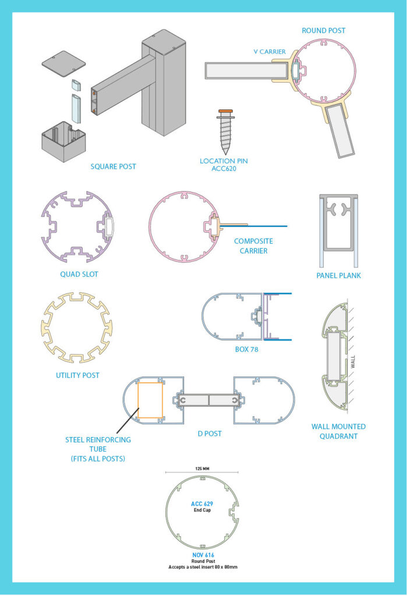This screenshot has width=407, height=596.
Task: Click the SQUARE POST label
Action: [113, 166]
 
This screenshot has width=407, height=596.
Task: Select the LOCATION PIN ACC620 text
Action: [225, 165]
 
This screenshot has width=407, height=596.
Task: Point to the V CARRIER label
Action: [270, 52]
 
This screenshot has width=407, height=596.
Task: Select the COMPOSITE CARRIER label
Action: [253, 246]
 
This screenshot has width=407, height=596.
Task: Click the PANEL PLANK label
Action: [338, 275]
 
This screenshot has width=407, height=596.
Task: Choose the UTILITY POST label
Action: [77, 375]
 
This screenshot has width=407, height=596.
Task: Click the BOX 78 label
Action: [246, 350]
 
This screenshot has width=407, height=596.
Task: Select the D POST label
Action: [210, 434]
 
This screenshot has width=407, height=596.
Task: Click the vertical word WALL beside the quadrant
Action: [353, 362]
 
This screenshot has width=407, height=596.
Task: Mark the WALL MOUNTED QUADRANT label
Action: [338, 431]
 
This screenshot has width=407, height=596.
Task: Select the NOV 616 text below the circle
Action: [201, 555]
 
